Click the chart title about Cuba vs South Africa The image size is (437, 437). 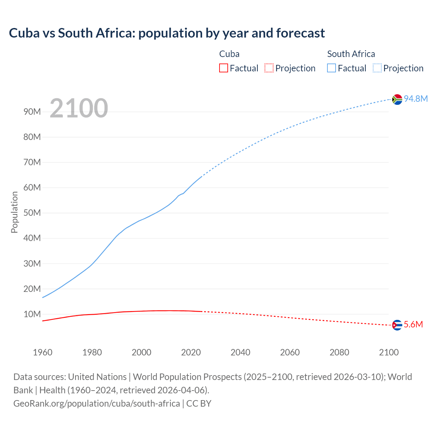coord(167,33)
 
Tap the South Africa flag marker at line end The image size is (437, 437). coord(397,99)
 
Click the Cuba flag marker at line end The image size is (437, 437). coord(397,325)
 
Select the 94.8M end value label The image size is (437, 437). coord(415,99)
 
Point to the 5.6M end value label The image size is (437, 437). coord(413,324)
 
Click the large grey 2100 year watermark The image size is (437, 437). coord(79,108)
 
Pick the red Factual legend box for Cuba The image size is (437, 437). coord(224,68)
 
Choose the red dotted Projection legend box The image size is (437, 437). coord(269,68)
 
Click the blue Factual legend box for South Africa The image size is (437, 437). coord(332,68)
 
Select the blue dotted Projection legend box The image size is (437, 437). coord(377,68)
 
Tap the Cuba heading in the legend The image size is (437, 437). coord(229,54)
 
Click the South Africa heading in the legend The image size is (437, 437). coord(351,54)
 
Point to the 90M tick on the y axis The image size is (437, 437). coord(32,112)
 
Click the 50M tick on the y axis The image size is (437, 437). coord(32,213)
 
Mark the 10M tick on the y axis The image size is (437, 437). coord(32,314)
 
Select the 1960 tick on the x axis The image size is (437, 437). coord(43,352)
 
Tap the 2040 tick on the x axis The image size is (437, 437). coord(240,352)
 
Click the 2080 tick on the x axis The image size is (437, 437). coord(339,352)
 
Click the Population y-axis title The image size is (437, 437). coord(14,212)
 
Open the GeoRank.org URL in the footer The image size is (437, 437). coord(97,404)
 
